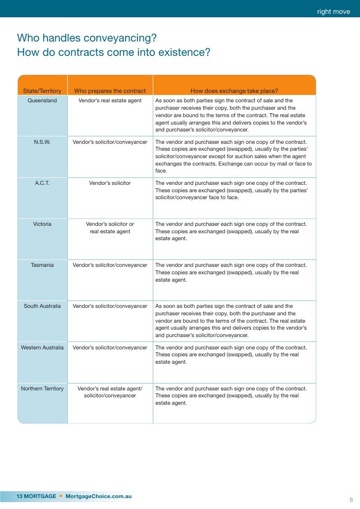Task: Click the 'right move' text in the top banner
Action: (x=333, y=11)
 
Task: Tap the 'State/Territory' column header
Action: (x=42, y=91)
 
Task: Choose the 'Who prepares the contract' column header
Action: (x=110, y=91)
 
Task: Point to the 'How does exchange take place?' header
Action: (x=234, y=91)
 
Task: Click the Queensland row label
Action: (x=42, y=100)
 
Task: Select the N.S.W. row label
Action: (x=42, y=142)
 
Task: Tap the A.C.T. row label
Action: (x=42, y=183)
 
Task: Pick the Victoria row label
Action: (x=42, y=224)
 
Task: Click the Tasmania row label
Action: (x=42, y=265)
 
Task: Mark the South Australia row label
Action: (x=42, y=306)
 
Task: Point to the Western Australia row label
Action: (x=42, y=347)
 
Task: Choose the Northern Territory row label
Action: (x=42, y=388)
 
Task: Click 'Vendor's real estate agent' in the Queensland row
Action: (x=110, y=100)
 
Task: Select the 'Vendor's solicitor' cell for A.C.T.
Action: (x=110, y=183)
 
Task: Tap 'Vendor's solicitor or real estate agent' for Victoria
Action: (x=110, y=227)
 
